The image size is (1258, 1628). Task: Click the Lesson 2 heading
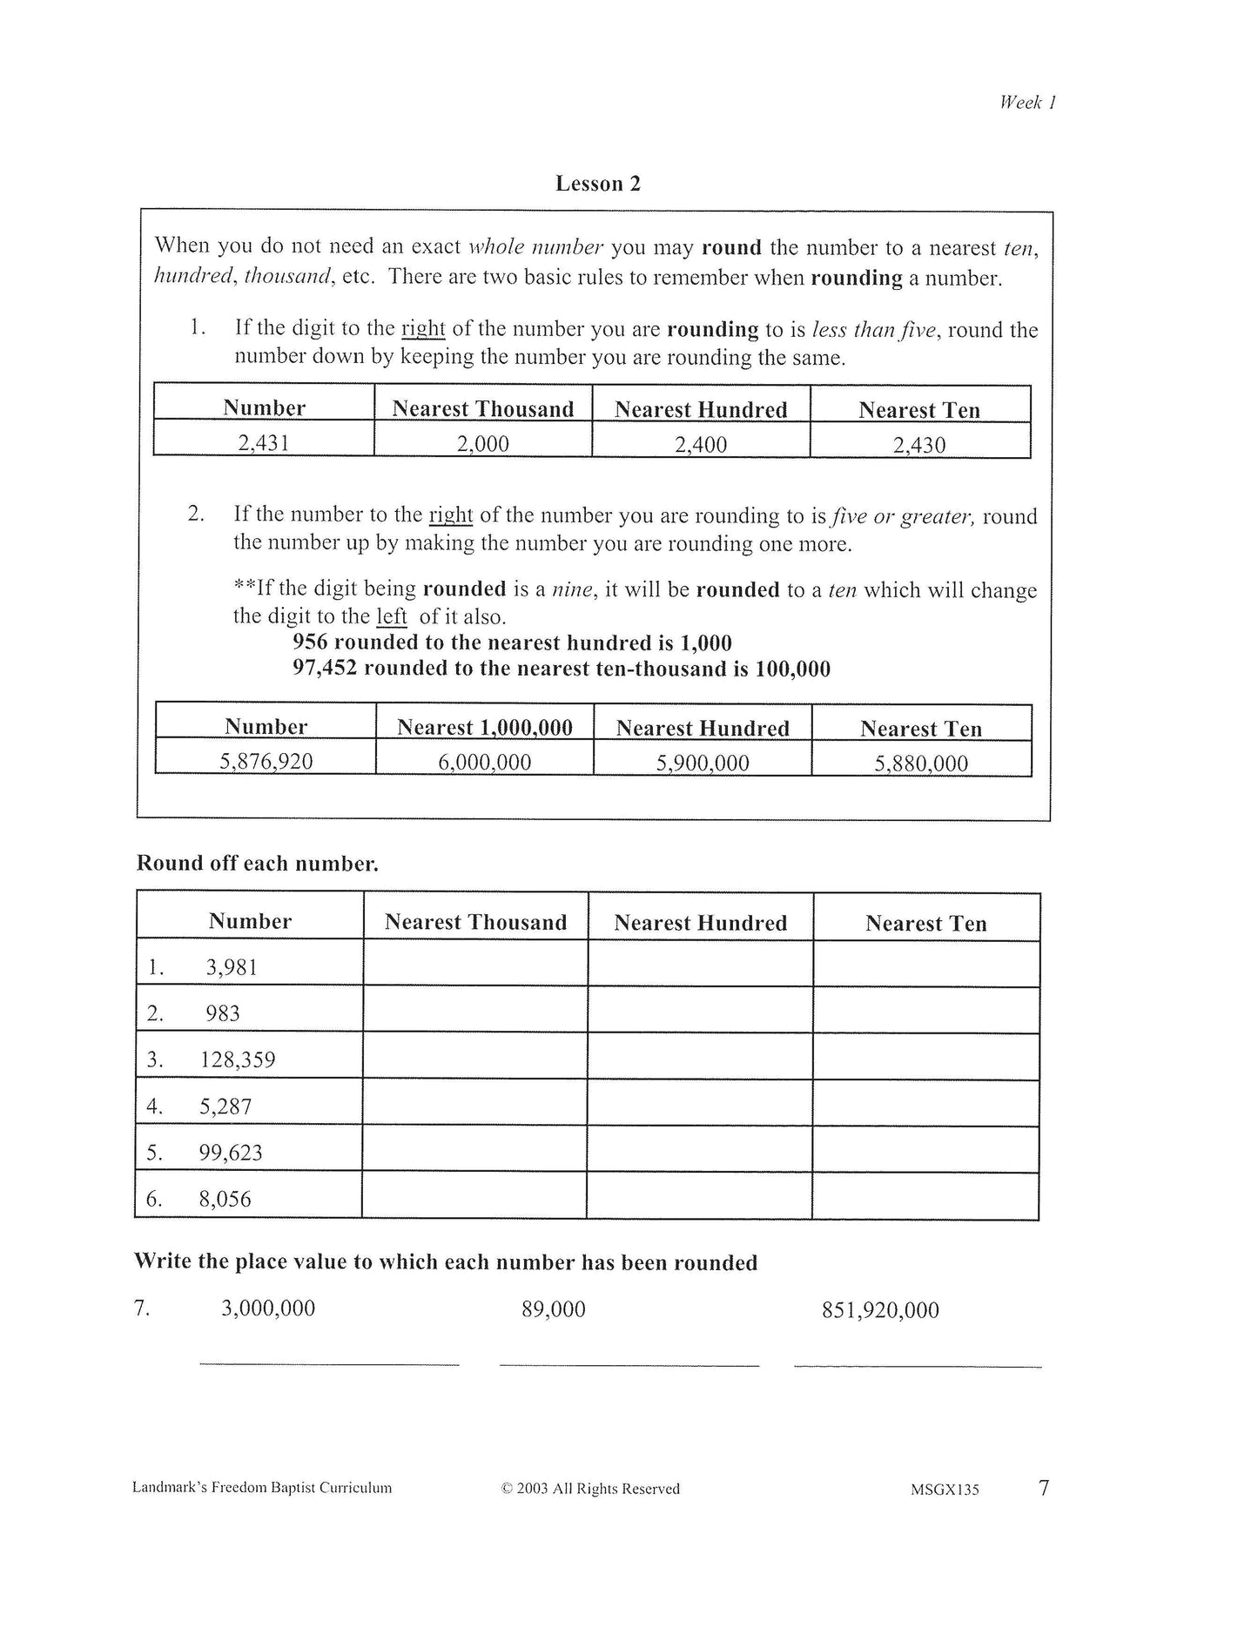point(598,184)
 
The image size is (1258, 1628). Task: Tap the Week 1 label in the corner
point(1027,102)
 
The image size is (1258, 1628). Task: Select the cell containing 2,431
point(264,442)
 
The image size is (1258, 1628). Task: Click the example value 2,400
point(701,444)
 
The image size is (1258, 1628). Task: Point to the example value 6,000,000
point(484,762)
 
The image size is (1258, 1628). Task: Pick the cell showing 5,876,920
point(266,762)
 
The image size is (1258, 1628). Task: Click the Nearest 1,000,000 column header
point(484,727)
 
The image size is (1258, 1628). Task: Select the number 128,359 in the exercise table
point(238,1060)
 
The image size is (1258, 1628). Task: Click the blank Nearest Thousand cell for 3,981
point(475,965)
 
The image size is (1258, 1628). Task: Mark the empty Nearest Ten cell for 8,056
point(925,1196)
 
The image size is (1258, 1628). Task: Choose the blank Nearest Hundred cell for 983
point(700,1011)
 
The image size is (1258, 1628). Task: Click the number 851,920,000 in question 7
point(880,1310)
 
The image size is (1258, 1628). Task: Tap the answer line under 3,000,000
point(329,1363)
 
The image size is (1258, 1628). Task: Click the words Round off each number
point(258,864)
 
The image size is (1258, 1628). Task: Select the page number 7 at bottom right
point(1044,1487)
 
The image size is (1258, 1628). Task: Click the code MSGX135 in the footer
point(945,1490)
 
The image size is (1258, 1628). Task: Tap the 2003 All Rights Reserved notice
point(590,1489)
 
